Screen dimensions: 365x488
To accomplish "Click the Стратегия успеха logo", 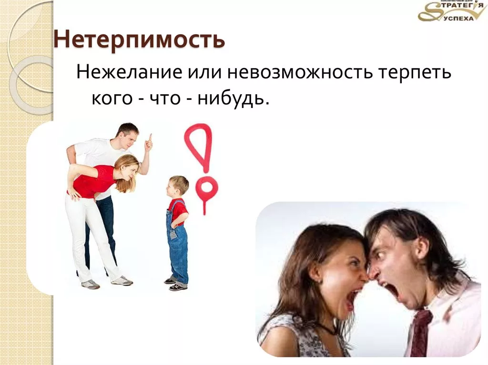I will tap(451, 11).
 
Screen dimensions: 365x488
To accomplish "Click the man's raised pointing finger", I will tap(150, 138).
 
